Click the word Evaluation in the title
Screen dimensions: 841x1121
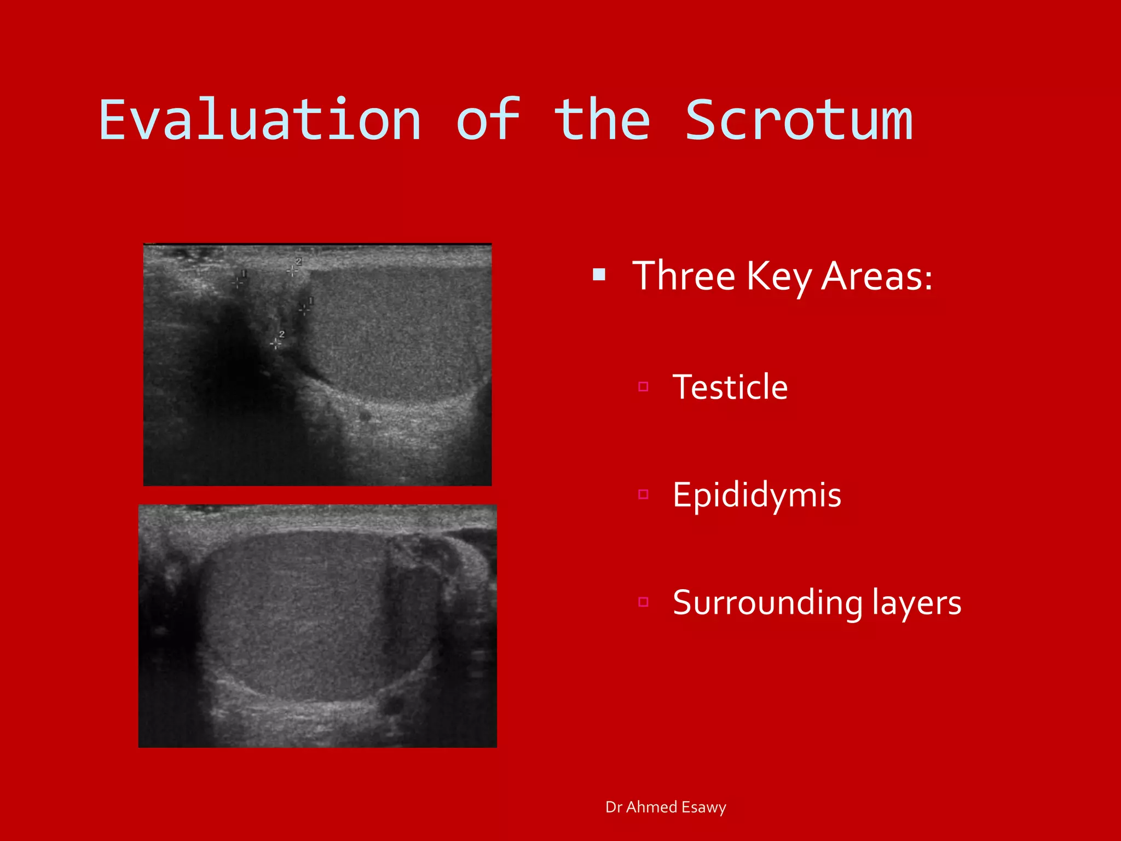click(x=260, y=120)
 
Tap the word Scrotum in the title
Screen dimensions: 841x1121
click(x=799, y=120)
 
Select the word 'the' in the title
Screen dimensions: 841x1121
click(x=602, y=120)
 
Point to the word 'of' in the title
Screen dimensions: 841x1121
click(x=488, y=120)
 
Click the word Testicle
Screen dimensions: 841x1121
click(x=730, y=387)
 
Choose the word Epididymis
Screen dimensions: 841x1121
click(x=756, y=495)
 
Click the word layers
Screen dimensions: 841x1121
click(x=916, y=603)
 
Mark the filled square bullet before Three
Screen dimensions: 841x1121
click(x=599, y=274)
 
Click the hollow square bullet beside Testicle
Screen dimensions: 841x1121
click(x=643, y=387)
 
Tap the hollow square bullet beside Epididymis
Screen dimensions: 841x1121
click(x=643, y=495)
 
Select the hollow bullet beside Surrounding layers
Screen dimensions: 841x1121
click(x=643, y=602)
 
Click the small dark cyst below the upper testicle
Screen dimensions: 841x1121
click(x=365, y=416)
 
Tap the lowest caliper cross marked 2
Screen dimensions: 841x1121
click(x=276, y=343)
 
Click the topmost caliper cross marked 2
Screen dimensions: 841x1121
click(x=292, y=270)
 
